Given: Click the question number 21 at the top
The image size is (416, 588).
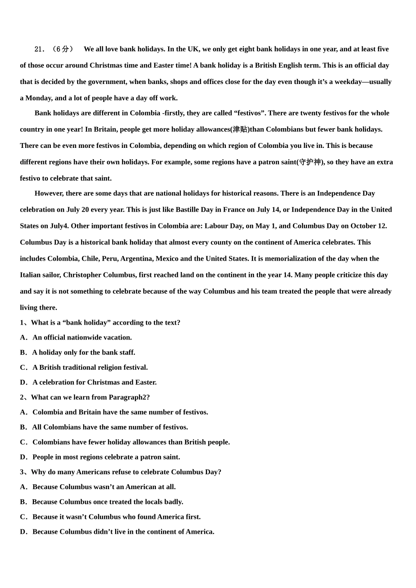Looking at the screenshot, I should point(39,49).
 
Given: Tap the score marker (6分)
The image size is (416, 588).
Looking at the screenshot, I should point(62,49).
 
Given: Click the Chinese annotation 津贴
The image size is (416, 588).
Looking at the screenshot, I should point(240,129).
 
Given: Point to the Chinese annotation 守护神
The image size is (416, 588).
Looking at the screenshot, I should point(310,162).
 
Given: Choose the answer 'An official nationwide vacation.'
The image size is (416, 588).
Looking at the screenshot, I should point(82,338).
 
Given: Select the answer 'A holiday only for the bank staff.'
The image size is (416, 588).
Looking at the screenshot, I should point(83,353).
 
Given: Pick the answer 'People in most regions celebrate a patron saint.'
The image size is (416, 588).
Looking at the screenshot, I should point(106,457).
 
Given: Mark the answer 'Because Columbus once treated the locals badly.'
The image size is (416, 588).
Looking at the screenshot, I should point(107,502).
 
